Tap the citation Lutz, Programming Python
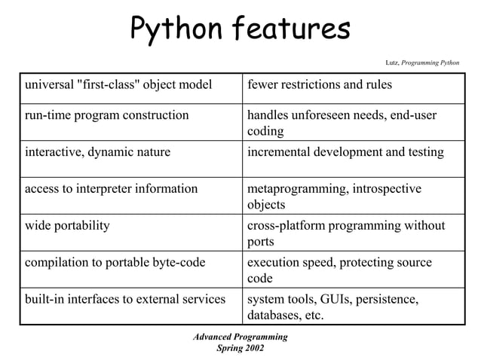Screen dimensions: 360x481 point(421,62)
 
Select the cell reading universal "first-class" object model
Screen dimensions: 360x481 point(117,84)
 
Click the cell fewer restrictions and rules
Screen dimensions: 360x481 point(320,84)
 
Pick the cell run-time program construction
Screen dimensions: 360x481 point(106,115)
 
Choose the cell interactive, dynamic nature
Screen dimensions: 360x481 point(97,152)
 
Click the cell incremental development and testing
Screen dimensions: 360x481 point(345,152)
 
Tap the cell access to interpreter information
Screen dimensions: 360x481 point(111,189)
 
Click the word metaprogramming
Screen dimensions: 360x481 point(295,189)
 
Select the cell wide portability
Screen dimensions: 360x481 point(67,225)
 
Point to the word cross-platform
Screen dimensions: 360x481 point(284,225)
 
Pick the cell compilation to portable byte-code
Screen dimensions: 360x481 point(116,262)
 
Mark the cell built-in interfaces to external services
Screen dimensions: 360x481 point(124,299)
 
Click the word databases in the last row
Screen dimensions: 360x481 point(274,315)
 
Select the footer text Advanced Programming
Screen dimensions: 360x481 point(240,337)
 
